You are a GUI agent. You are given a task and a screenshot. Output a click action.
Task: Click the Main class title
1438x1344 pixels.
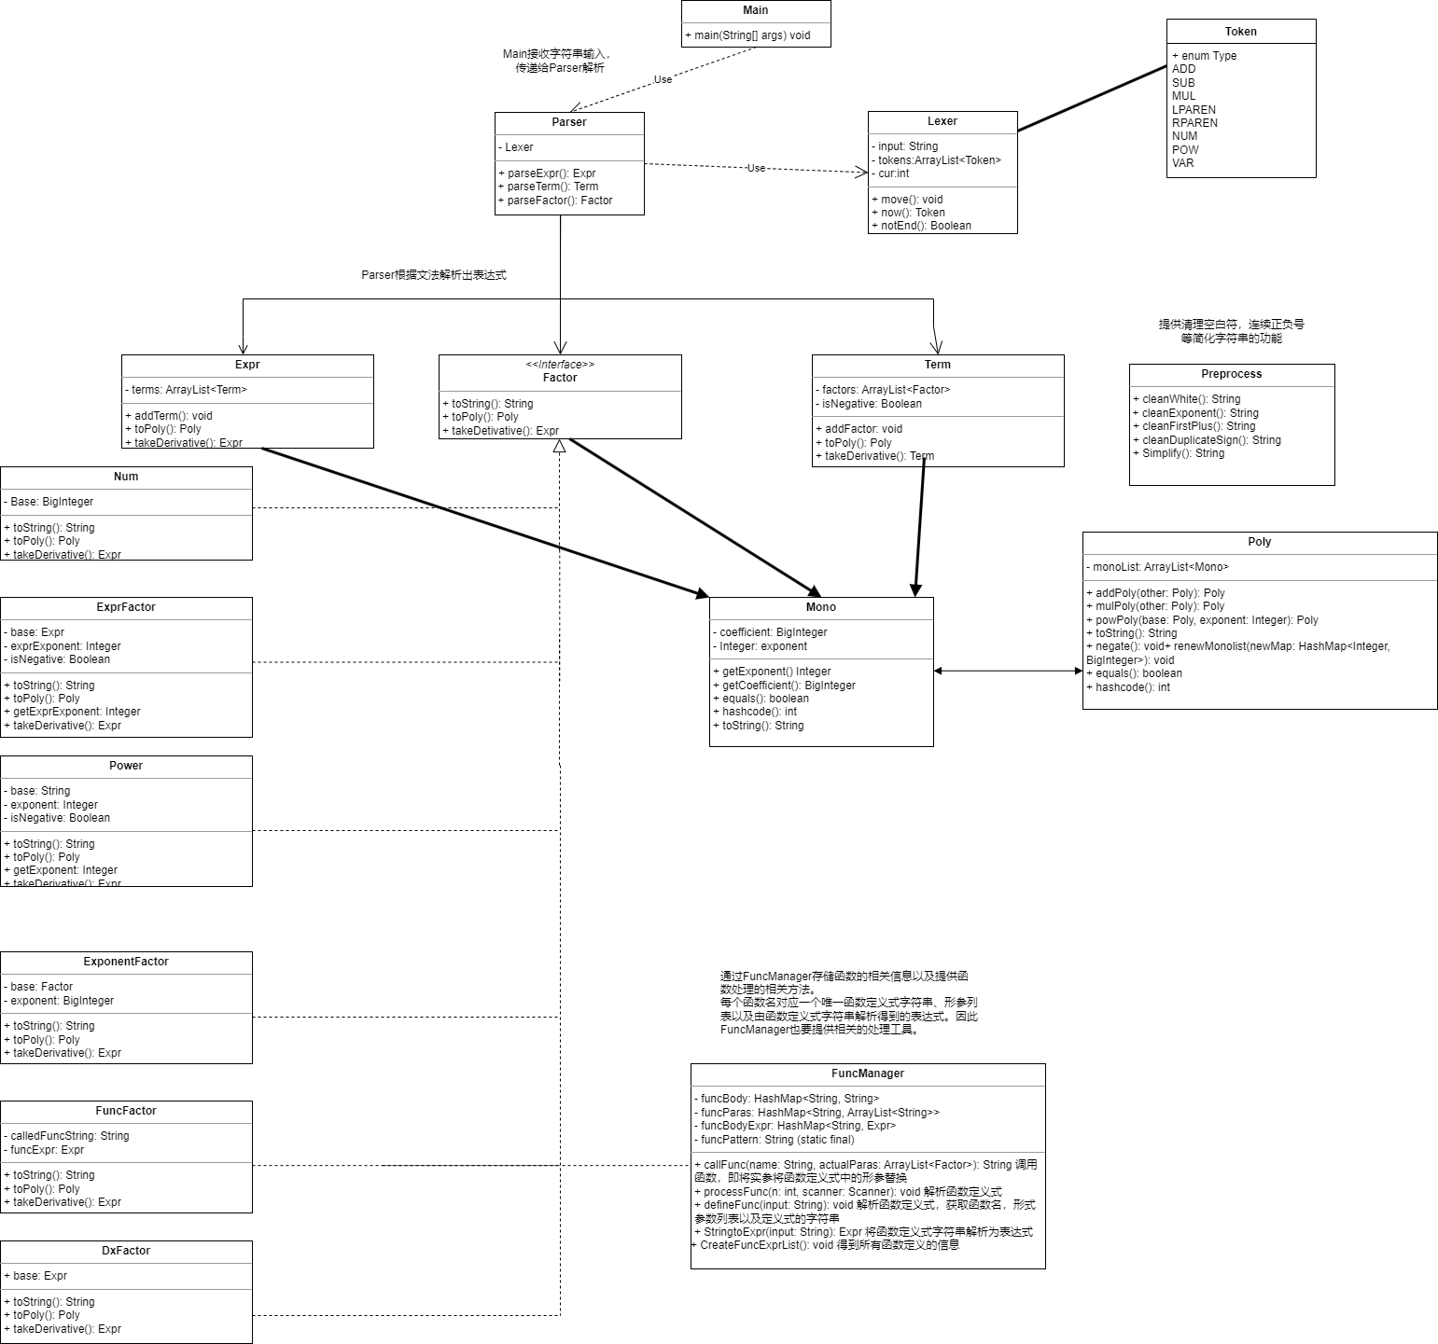coord(755,10)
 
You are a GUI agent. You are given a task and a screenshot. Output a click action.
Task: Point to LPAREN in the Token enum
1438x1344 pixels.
coord(1194,109)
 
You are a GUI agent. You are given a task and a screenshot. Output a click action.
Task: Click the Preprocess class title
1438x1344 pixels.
coord(1231,374)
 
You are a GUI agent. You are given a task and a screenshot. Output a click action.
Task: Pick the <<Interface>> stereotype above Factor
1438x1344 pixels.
coord(560,365)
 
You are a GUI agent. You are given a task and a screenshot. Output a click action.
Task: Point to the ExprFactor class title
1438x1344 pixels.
coord(126,607)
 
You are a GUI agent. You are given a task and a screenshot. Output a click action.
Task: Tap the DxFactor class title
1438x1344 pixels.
coord(126,1251)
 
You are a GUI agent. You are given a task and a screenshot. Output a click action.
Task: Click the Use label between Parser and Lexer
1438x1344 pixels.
coord(756,169)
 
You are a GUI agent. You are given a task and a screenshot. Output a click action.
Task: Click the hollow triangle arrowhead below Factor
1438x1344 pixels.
coord(560,446)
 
